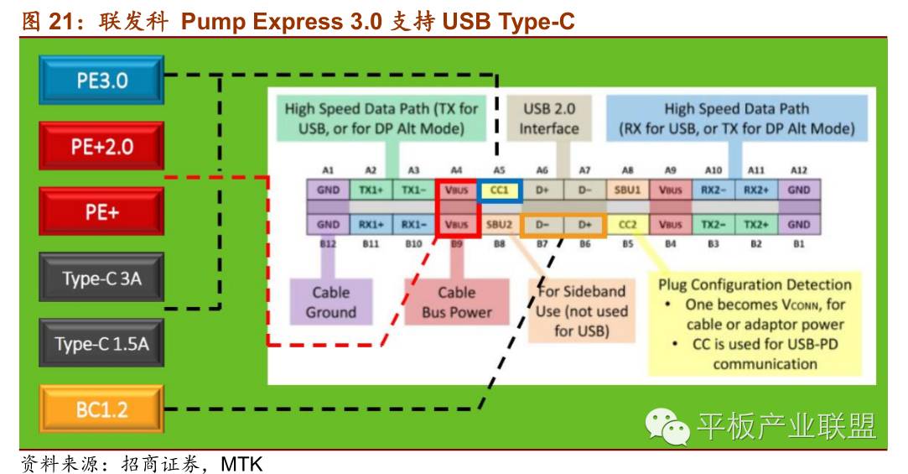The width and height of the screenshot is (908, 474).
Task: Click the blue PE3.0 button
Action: pyautogui.click(x=101, y=81)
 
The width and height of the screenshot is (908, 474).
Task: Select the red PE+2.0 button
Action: pyautogui.click(x=101, y=147)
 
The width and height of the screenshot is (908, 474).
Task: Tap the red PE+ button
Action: pyautogui.click(x=101, y=211)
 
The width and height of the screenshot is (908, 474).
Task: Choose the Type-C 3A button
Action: pyautogui.click(x=101, y=278)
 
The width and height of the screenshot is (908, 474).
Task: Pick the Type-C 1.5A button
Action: pyautogui.click(x=101, y=343)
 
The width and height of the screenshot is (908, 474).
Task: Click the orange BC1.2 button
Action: pyautogui.click(x=101, y=410)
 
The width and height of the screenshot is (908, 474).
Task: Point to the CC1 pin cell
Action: pyautogui.click(x=500, y=190)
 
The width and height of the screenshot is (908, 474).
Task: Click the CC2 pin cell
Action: pyautogui.click(x=628, y=224)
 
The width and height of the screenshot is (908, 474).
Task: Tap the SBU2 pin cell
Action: pyautogui.click(x=500, y=224)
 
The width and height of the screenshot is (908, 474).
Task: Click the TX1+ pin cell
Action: pyautogui.click(x=371, y=190)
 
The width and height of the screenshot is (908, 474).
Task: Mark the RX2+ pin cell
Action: pyautogui.click(x=756, y=190)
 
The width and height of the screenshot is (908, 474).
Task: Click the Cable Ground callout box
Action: pyautogui.click(x=330, y=302)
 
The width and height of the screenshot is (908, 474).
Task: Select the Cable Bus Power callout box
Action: pyautogui.click(x=457, y=302)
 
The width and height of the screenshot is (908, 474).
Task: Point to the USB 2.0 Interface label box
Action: pyautogui.click(x=549, y=118)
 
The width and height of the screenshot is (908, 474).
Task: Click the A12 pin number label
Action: pyautogui.click(x=798, y=169)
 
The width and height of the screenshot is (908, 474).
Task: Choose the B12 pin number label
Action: pyautogui.click(x=329, y=244)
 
